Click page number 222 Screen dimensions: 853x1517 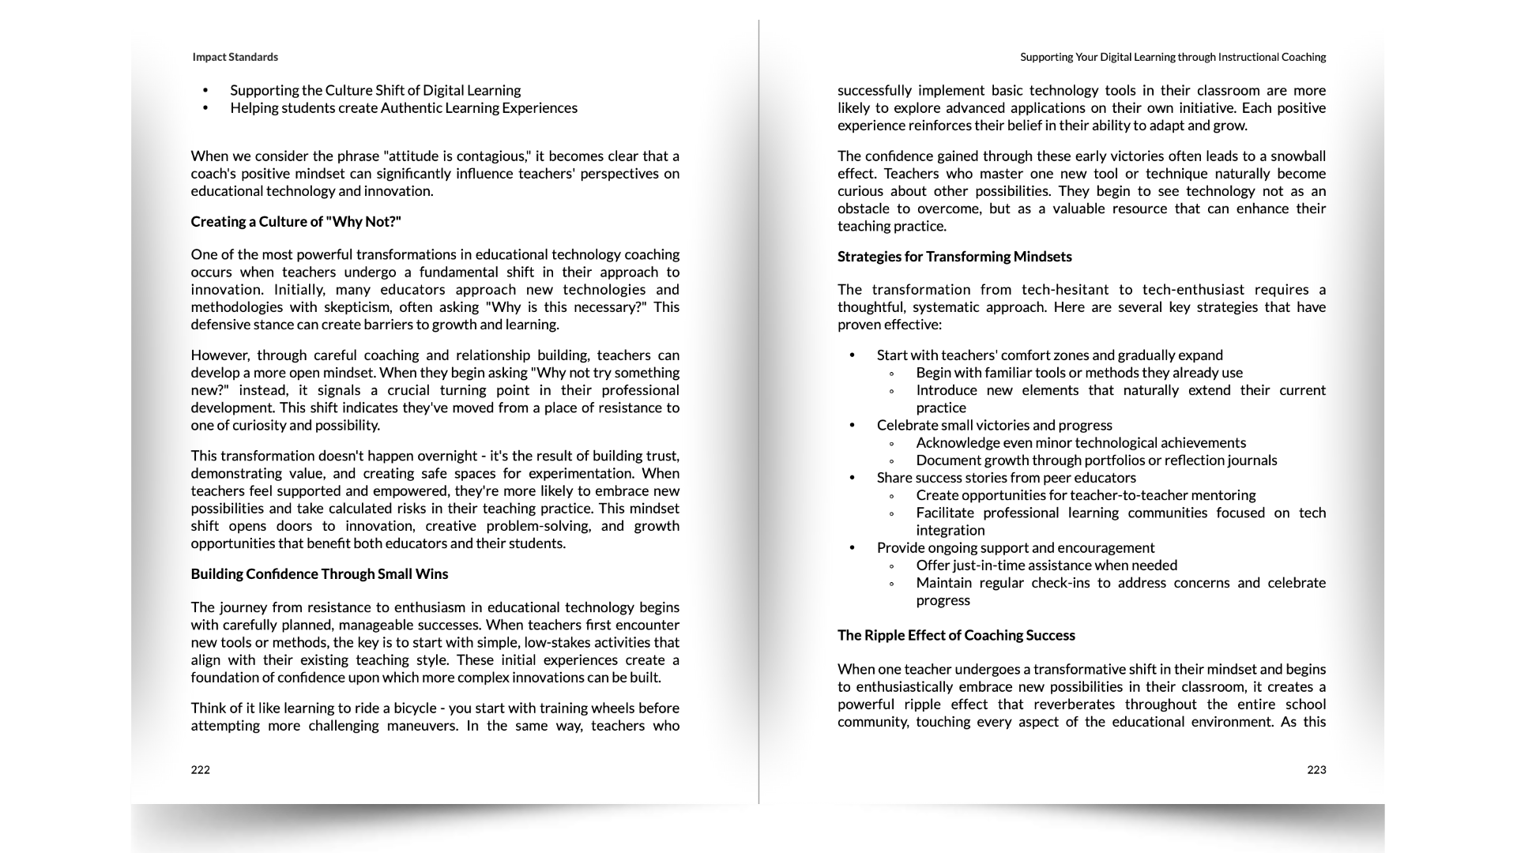coord(200,770)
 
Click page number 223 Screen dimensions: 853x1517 coord(1316,770)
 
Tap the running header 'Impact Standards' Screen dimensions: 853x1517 coord(235,57)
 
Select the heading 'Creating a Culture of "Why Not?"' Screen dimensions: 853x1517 coord(295,222)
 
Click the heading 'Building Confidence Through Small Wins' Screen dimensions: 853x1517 coord(319,574)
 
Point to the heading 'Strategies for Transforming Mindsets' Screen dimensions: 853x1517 coord(954,257)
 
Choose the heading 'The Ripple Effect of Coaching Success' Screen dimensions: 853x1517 coord(956,636)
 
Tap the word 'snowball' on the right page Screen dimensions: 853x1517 coord(1297,156)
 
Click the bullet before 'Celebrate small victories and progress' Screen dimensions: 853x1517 coord(852,426)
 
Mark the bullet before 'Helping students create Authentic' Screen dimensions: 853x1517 coord(205,108)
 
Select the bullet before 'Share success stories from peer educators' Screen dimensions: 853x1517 coord(852,478)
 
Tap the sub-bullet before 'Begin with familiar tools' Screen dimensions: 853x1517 coord(891,374)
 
